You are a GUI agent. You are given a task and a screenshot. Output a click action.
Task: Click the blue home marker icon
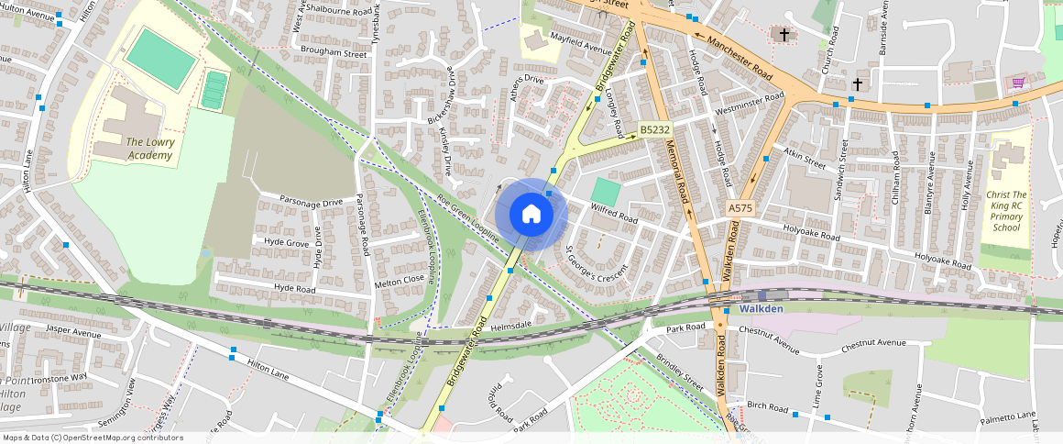531,215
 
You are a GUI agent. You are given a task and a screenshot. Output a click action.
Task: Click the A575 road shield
740,209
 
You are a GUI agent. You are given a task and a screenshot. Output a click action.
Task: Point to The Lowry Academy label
149,149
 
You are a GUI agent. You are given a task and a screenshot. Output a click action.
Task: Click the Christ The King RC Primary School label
1005,211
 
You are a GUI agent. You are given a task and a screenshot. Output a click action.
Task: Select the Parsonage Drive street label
311,201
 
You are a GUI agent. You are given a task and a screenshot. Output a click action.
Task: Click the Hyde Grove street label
286,243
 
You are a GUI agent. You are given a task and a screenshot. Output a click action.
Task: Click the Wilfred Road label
614,215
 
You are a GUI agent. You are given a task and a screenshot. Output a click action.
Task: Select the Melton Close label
400,280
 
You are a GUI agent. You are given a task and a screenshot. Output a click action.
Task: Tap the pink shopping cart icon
1017,83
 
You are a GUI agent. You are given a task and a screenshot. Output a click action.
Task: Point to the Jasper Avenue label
72,331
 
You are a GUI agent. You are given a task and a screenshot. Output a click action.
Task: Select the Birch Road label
767,405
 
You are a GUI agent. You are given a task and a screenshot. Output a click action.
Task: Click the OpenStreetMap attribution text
93,438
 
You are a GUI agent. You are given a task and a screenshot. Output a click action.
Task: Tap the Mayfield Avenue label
581,43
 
